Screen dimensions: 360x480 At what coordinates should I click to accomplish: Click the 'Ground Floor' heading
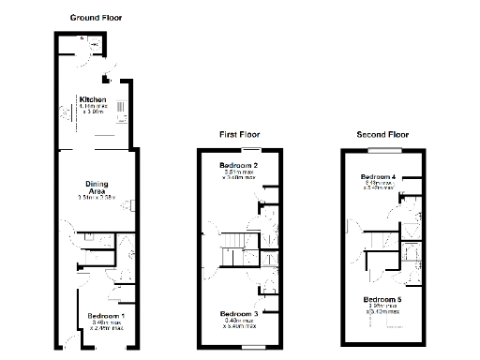tap(96, 18)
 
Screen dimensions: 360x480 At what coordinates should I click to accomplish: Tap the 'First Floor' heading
tap(239, 135)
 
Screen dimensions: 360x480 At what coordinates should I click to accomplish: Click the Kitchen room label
tap(92, 99)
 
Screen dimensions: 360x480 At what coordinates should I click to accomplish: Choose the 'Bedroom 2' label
tap(239, 166)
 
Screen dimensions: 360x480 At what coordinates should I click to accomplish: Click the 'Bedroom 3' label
tap(239, 313)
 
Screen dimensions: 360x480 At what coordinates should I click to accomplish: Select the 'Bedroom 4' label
tap(381, 176)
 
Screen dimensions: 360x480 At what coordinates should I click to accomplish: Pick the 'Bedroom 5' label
tap(382, 298)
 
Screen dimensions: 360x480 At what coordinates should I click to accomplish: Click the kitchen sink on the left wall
tap(65, 112)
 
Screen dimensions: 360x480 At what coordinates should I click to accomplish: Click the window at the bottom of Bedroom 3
tap(250, 346)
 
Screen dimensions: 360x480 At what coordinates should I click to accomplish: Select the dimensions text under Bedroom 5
tap(382, 307)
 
